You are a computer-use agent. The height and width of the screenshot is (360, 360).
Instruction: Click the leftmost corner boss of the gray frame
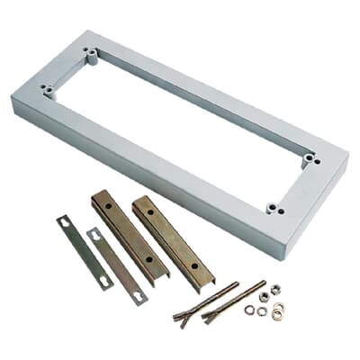tap(46, 89)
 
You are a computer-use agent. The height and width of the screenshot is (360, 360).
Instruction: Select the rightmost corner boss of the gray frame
tap(310, 158)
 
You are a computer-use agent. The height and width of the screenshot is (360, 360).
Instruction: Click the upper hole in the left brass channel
tap(107, 207)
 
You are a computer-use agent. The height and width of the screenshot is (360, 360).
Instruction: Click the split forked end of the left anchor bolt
tap(185, 318)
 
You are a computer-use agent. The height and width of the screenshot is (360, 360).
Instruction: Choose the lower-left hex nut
tap(264, 296)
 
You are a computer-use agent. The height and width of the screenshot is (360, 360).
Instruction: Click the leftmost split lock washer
tap(249, 310)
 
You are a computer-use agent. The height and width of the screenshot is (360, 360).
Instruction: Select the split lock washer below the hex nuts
tap(262, 312)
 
